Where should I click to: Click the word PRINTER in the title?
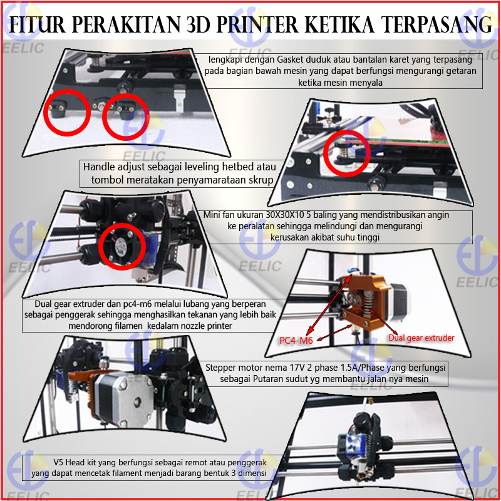257,24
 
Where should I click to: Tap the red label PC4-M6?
296,341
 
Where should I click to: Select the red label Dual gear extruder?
421,338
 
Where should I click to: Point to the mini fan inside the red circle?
121,247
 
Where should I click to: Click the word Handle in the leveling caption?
99,167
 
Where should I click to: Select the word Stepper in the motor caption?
219,368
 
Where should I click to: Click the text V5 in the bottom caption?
58,462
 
